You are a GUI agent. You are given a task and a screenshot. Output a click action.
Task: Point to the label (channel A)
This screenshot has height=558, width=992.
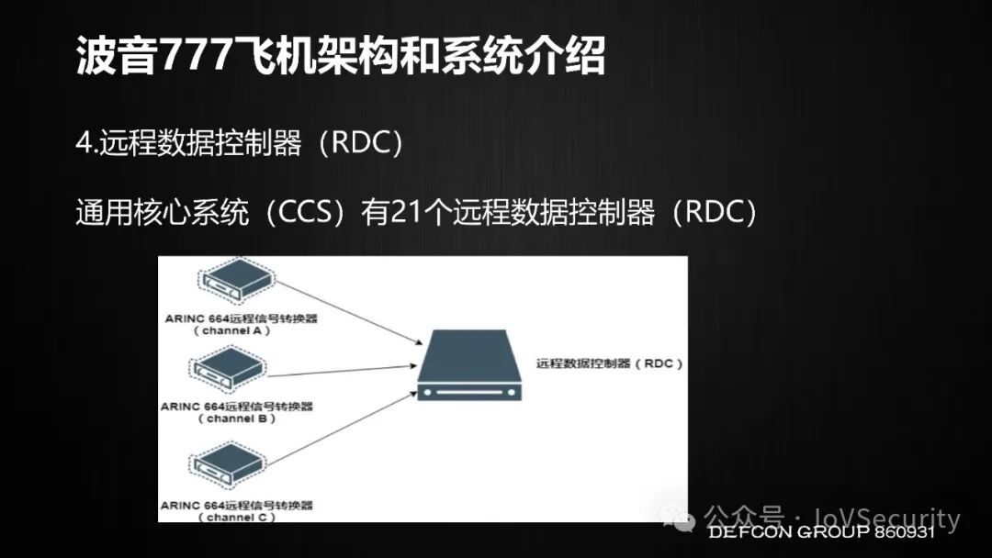coord(236,329)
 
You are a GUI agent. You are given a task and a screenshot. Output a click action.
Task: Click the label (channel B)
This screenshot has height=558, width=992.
coord(236,418)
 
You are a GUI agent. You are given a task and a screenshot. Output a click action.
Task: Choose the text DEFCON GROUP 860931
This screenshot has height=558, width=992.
coord(820,532)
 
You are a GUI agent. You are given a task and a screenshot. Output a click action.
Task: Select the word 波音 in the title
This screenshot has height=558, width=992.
coord(104,57)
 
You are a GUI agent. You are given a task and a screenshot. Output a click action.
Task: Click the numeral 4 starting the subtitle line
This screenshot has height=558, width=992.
coord(82,145)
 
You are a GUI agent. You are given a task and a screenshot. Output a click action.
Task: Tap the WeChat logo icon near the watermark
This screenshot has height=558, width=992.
coord(684,520)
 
